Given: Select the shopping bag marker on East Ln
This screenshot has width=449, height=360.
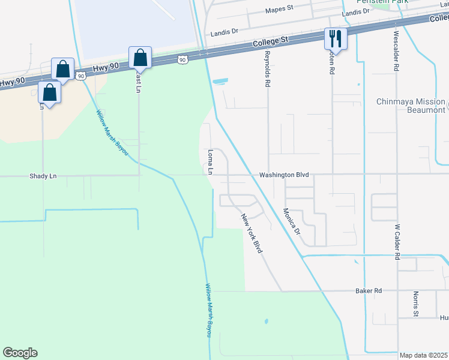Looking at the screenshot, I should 140,58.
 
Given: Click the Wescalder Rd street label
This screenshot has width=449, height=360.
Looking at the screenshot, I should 396,52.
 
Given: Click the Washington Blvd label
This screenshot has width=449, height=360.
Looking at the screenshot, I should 283,175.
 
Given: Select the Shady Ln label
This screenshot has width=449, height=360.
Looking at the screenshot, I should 43,176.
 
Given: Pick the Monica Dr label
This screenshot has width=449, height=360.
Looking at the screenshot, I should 292,222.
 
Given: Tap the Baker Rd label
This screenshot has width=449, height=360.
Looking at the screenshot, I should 369,291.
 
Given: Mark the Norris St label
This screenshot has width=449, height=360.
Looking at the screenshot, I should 415,304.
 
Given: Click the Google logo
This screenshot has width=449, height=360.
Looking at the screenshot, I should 20,353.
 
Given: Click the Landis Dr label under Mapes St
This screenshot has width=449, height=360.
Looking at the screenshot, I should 225,34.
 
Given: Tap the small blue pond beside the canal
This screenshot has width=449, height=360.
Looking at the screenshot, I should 220,80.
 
